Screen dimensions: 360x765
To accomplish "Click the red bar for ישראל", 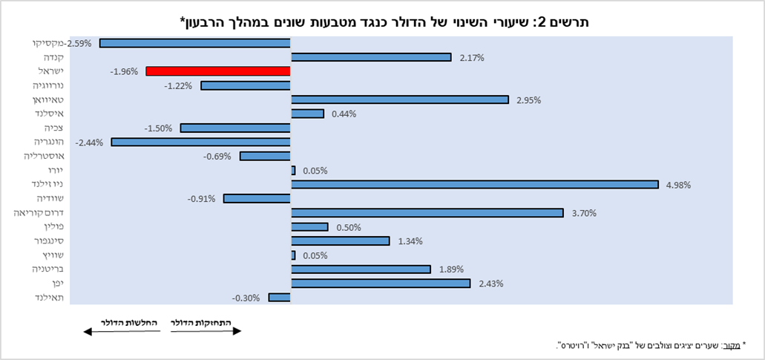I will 218,71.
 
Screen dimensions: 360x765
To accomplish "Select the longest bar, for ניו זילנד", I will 475,184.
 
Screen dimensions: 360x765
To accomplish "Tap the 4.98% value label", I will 678,185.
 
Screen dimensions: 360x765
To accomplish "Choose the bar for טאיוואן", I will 400,99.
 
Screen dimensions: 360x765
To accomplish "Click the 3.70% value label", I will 584,213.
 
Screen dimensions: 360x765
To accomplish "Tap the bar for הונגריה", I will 200,142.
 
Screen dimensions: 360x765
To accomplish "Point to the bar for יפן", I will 381,284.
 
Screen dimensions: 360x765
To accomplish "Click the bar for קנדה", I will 371,57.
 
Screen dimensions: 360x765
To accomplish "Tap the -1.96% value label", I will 124,72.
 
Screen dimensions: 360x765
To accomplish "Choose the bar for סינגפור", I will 340,240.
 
